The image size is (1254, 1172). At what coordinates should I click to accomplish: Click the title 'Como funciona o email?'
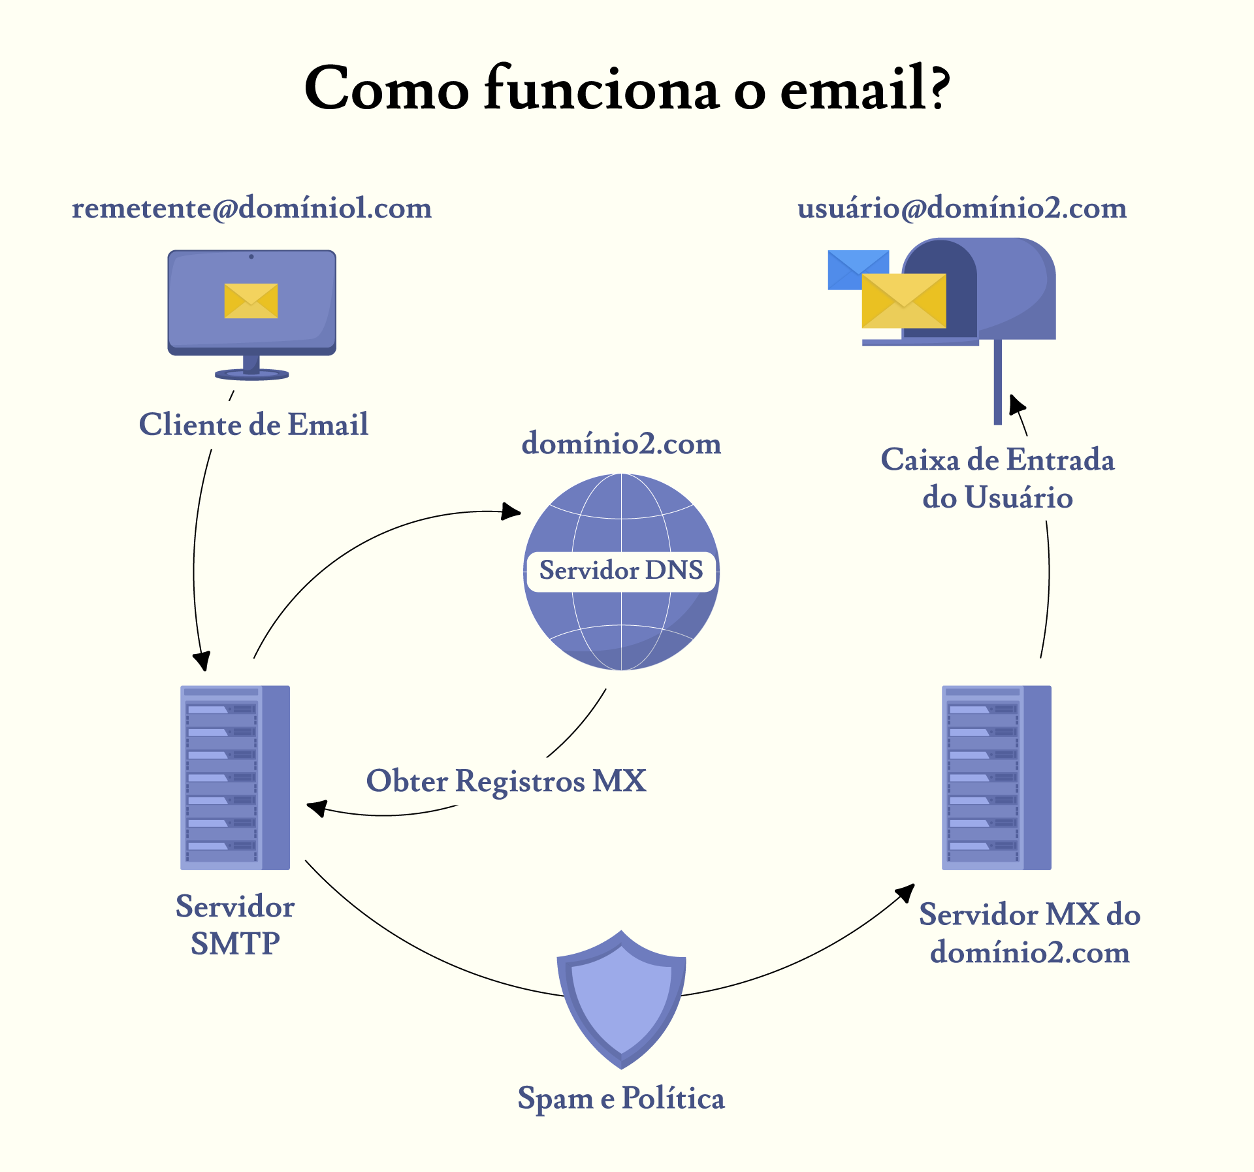(627, 88)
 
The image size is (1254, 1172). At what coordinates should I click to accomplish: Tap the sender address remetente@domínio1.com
(251, 208)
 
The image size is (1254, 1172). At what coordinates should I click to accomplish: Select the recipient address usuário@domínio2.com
(962, 208)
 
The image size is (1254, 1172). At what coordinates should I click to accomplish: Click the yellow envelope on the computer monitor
(251, 301)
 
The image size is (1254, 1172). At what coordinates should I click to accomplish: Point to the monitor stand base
(251, 374)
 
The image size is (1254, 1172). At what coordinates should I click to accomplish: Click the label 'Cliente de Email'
(253, 425)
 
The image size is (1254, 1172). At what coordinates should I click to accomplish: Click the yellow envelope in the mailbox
(903, 301)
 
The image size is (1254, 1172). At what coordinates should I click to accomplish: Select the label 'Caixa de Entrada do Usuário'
(997, 478)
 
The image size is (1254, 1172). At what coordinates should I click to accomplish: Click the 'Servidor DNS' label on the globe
(621, 570)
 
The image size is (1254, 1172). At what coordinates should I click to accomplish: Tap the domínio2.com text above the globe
(621, 444)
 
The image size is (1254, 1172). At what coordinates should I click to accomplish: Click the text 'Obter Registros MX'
(506, 781)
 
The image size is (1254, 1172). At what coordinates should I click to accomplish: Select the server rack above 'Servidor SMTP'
(235, 777)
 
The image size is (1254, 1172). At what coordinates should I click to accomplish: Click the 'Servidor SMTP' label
(235, 924)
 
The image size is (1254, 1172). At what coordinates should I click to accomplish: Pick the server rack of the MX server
(996, 777)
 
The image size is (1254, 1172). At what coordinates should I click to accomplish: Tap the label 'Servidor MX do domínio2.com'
(1029, 933)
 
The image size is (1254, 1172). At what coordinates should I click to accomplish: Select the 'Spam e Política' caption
(621, 1098)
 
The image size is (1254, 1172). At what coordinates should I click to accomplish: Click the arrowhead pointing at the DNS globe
(511, 511)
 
